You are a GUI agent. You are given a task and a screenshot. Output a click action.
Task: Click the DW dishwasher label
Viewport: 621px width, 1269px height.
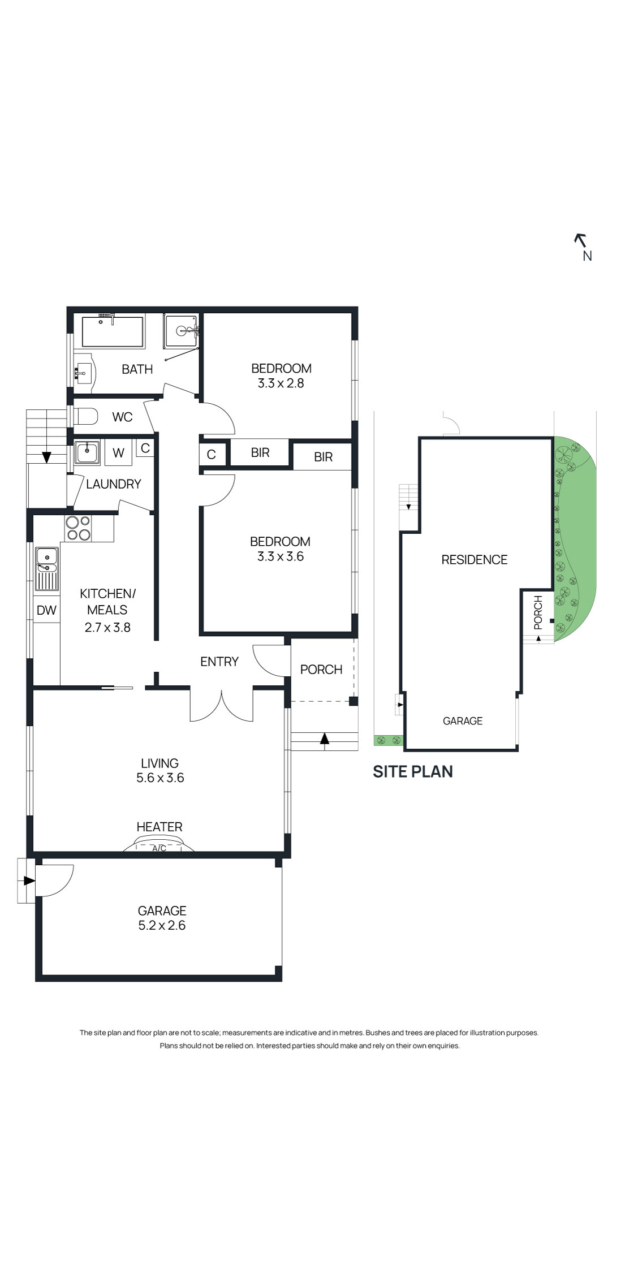point(46,610)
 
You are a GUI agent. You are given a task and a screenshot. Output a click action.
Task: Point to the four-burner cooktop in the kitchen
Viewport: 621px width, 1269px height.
point(78,528)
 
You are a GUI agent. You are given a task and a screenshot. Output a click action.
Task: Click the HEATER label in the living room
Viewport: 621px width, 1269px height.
point(159,827)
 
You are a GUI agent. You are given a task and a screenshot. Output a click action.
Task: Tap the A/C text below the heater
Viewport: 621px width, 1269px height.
point(159,848)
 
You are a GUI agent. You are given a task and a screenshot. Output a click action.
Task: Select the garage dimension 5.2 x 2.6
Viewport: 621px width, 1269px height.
point(162,926)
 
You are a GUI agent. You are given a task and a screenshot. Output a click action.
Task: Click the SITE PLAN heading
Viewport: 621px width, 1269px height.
point(412,772)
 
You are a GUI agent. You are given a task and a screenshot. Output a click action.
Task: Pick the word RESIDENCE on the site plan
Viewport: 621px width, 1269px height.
point(474,560)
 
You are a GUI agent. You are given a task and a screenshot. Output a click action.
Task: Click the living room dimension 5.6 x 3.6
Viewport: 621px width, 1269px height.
point(160,778)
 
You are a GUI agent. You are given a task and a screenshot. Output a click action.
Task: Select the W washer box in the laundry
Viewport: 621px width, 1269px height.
point(118,453)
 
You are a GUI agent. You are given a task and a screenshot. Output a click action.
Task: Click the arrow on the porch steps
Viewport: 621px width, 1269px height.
point(325,738)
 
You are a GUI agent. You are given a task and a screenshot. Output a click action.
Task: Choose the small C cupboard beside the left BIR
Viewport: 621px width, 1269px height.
point(211,455)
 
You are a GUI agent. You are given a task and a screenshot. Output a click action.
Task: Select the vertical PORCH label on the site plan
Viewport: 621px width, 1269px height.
point(538,613)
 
